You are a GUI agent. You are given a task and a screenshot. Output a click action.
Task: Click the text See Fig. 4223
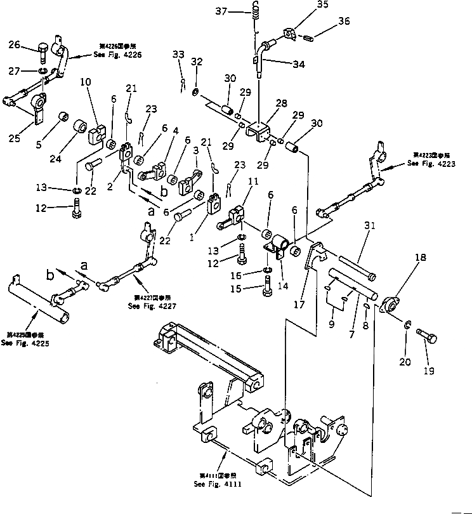[431, 162]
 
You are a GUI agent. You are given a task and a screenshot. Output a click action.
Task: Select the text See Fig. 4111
[218, 484]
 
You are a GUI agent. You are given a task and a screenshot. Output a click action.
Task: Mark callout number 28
[281, 102]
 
